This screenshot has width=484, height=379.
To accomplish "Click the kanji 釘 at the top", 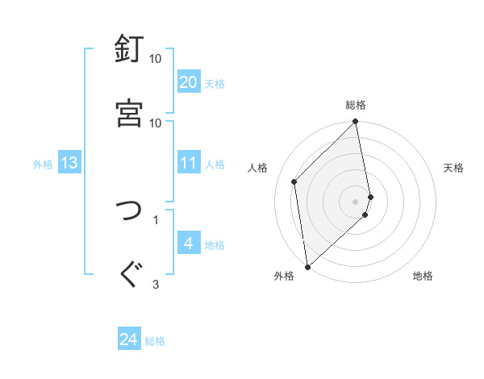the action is (129, 49).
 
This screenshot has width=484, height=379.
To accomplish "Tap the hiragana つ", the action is (129, 211).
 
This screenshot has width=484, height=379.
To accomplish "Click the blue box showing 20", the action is (189, 82).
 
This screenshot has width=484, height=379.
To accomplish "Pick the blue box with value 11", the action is (189, 164).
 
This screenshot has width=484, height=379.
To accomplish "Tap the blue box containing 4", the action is (189, 244).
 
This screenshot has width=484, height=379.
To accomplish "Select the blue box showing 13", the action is (69, 164).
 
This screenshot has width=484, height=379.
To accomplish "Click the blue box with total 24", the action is (129, 339).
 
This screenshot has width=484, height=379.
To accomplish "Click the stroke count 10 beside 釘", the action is (156, 59).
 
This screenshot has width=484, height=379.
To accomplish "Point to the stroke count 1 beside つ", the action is (156, 219).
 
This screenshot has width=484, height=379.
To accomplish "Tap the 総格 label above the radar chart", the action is (356, 105).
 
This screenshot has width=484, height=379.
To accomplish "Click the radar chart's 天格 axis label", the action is (453, 168).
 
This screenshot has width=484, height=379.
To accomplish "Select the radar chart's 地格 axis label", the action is (423, 277).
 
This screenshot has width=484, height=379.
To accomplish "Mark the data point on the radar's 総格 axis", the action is (356, 123).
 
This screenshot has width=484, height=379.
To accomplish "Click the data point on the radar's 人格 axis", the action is (294, 181).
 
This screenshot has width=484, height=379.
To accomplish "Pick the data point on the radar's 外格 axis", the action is (307, 267).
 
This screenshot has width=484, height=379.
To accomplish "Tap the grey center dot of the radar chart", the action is (356, 201).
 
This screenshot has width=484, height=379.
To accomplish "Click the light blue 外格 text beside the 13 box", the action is (43, 165).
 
